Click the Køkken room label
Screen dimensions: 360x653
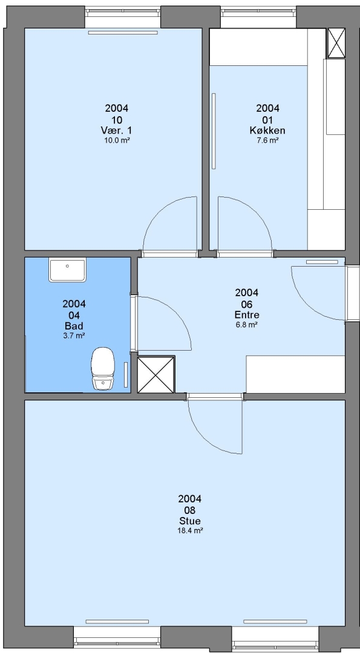[267, 131]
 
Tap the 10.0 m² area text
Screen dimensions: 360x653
[117, 140]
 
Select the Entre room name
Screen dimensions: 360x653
[247, 315]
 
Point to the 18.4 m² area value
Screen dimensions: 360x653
[190, 531]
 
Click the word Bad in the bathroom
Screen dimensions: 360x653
[74, 326]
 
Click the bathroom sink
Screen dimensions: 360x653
[68, 270]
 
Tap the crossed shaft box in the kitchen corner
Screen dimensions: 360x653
[336, 43]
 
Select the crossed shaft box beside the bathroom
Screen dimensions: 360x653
[156, 374]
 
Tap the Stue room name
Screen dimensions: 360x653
[190, 521]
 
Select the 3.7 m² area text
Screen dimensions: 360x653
[74, 335]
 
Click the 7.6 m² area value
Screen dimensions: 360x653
[267, 140]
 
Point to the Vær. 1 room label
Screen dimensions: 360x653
[117, 131]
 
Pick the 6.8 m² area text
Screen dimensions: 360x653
[247, 325]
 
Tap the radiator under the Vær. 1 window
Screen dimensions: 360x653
[123, 32]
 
